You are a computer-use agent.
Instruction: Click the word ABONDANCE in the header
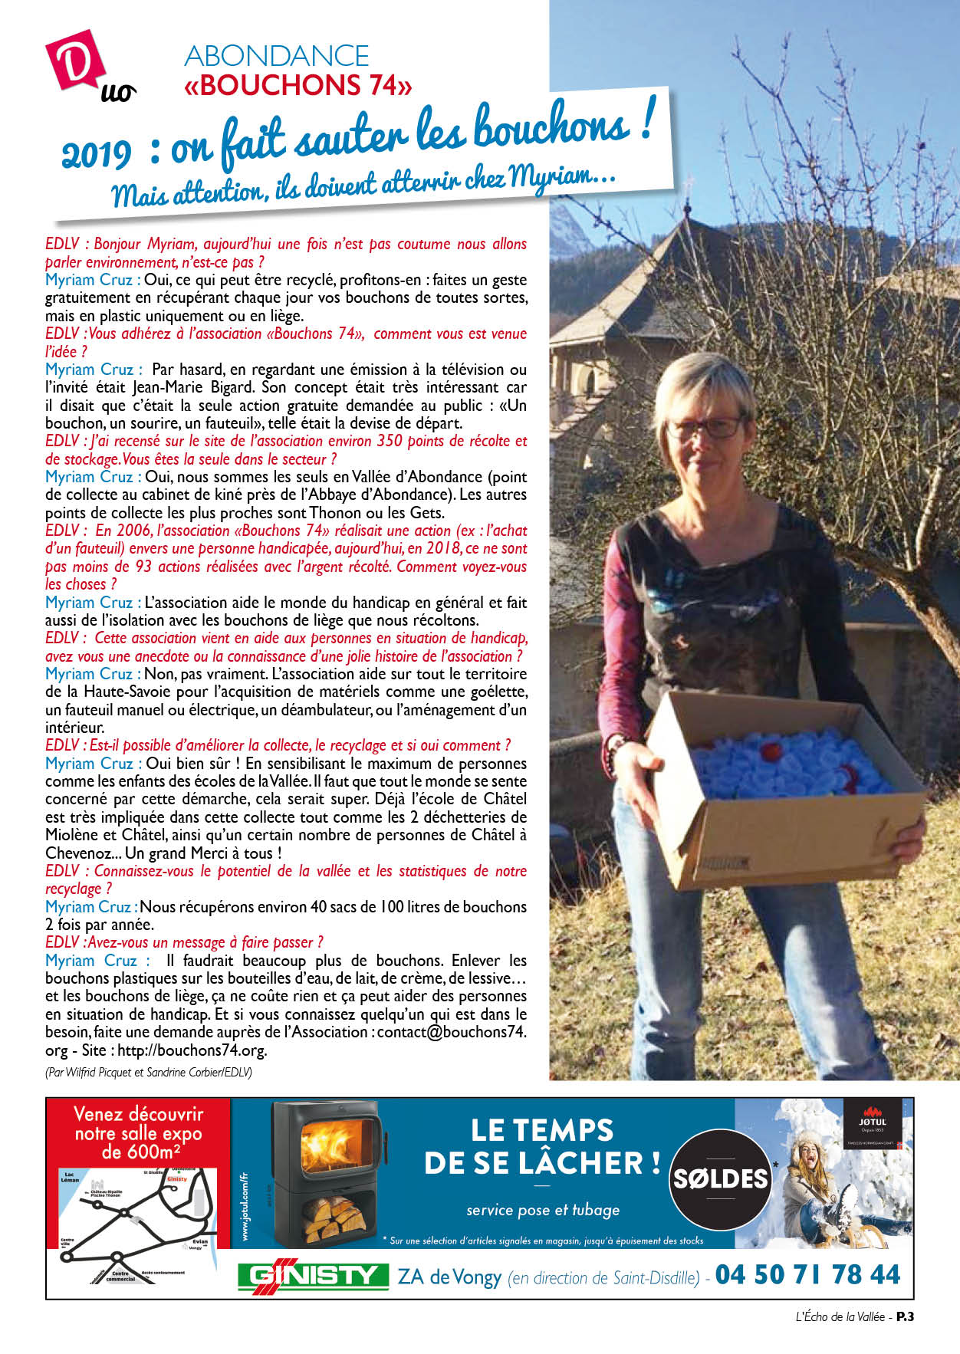277,56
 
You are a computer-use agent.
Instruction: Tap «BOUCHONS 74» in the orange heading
298,85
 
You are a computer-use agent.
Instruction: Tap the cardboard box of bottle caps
782,790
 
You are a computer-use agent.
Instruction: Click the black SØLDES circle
720,1178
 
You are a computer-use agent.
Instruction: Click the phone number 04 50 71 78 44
807,1274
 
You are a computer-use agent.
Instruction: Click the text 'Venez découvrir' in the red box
138,1113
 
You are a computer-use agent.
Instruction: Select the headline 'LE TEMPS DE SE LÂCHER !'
542,1146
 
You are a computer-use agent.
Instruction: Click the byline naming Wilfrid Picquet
148,1072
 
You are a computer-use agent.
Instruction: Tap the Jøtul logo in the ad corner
872,1120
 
